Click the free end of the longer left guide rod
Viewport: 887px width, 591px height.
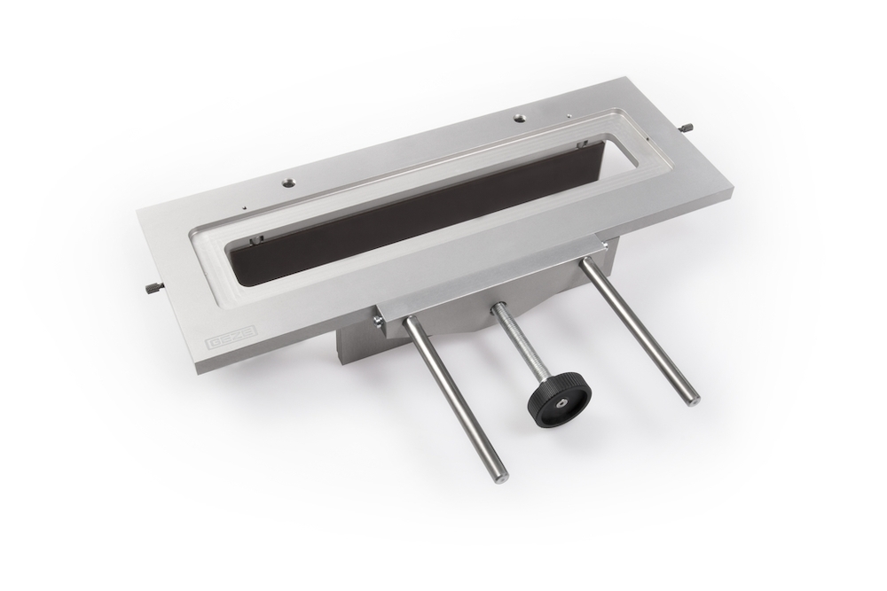501,477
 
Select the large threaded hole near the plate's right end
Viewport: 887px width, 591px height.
517,118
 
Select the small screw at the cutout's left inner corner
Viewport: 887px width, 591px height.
253,240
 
